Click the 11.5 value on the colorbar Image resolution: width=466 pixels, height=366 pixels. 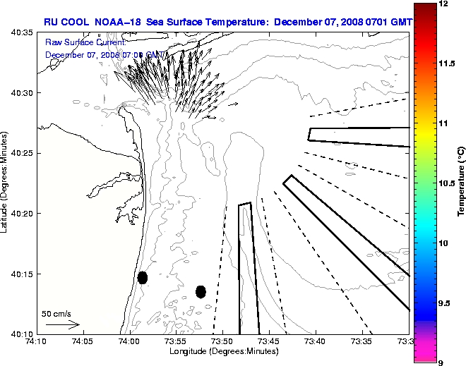(x=447, y=63)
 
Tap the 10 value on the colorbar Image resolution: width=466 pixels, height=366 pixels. (x=444, y=243)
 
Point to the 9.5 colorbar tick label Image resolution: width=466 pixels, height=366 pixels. (x=446, y=303)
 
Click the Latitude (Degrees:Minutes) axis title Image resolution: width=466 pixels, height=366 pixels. (x=6, y=183)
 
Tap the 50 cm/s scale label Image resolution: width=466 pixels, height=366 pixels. (x=56, y=313)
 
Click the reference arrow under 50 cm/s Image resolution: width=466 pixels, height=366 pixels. (x=62, y=325)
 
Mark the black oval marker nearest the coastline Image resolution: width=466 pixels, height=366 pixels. (x=143, y=277)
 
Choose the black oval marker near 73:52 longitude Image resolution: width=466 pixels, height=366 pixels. (x=201, y=291)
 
